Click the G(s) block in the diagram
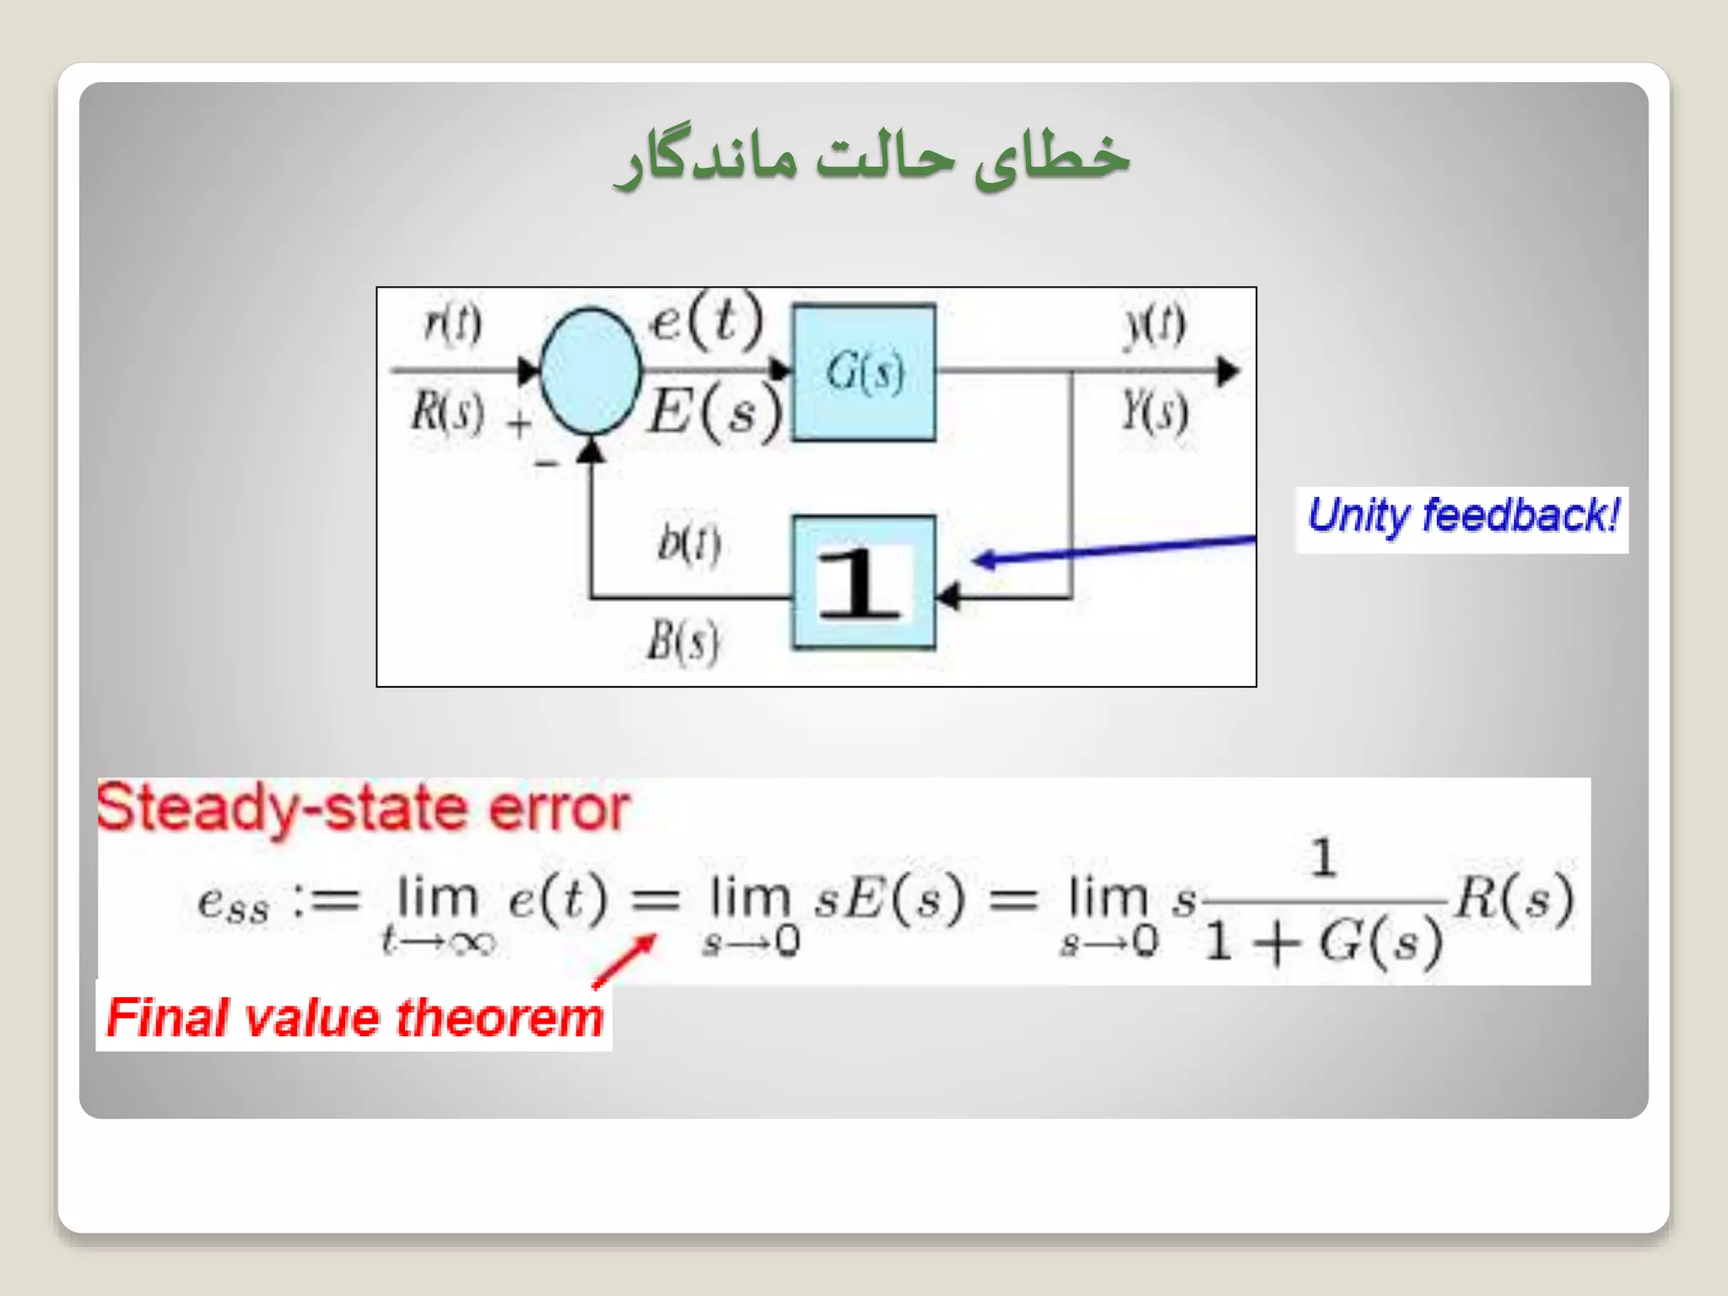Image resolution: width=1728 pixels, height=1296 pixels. pyautogui.click(x=863, y=372)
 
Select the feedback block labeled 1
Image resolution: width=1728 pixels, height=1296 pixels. pyautogui.click(x=863, y=582)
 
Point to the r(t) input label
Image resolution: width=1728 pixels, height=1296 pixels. pyautogui.click(x=453, y=323)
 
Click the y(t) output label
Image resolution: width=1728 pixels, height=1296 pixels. pyautogui.click(x=1154, y=325)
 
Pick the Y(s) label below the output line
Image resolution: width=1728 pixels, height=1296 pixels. pyautogui.click(x=1154, y=411)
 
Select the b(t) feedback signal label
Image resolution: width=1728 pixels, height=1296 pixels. pyautogui.click(x=688, y=544)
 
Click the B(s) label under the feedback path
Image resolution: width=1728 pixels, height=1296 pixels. pyautogui.click(x=683, y=641)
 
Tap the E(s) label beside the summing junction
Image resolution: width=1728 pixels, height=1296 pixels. pyautogui.click(x=714, y=413)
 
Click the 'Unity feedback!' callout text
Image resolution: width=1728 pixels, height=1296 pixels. pyautogui.click(x=1462, y=516)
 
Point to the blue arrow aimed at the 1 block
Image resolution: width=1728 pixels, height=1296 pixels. pyautogui.click(x=1114, y=549)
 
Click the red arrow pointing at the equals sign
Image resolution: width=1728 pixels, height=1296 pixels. pyautogui.click(x=625, y=959)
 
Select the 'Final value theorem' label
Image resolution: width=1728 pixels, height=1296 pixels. pyautogui.click(x=354, y=1017)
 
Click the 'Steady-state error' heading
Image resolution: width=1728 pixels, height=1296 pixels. pyautogui.click(x=363, y=808)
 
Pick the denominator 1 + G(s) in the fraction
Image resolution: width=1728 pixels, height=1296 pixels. pyautogui.click(x=1322, y=942)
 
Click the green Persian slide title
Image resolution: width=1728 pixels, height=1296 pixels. pyautogui.click(x=872, y=157)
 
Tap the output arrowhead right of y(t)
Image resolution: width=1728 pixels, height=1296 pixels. pyautogui.click(x=1228, y=371)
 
